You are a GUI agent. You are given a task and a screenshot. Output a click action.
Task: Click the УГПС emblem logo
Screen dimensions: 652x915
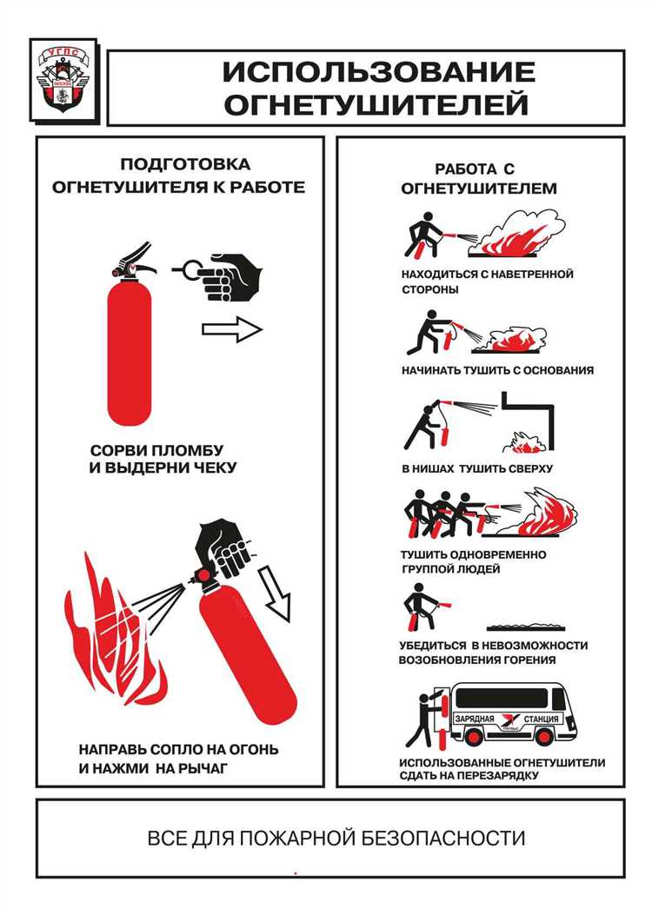tap(63, 79)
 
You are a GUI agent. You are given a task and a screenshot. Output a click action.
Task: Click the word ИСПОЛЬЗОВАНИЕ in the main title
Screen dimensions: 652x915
tap(378, 72)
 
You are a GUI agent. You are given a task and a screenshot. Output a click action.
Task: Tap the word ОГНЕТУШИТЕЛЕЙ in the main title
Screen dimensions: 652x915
tap(376, 105)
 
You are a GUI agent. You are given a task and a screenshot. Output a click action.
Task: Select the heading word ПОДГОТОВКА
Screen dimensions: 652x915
tap(186, 164)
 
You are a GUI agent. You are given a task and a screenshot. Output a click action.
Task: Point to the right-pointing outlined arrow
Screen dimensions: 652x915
tap(232, 329)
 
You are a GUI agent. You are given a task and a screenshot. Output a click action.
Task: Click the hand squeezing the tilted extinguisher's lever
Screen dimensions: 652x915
tap(225, 546)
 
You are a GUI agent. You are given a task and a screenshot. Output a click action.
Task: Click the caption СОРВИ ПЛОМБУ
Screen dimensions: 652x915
tap(156, 450)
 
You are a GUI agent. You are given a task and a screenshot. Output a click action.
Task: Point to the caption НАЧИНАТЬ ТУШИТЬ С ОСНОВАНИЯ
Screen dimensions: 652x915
tap(497, 370)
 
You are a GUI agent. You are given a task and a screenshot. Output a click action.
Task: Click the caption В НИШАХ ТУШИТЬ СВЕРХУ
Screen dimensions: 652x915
tap(477, 468)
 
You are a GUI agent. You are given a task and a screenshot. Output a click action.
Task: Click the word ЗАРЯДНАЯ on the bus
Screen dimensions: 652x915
tap(475, 719)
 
